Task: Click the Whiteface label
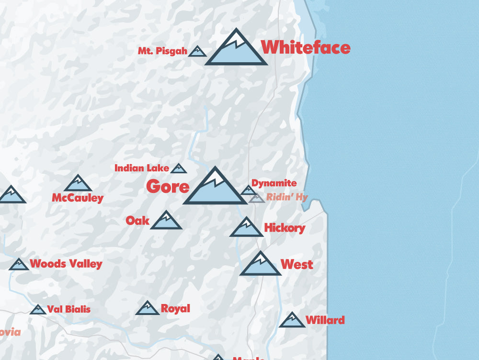(306, 47)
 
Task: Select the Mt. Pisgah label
(162, 51)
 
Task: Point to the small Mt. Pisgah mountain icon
(197, 52)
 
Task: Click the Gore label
(168, 186)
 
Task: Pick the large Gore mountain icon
(215, 188)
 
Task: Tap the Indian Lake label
(142, 168)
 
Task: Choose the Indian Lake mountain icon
(179, 169)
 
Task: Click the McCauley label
(78, 198)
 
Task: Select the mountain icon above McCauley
(78, 184)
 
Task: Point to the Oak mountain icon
(166, 221)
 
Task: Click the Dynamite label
(274, 183)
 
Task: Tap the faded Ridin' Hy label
(287, 197)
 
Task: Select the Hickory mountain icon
(246, 228)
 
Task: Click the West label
(297, 264)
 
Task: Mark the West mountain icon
(260, 265)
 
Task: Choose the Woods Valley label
(66, 264)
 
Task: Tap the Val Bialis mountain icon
(38, 310)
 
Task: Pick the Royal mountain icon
(147, 309)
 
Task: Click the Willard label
(325, 320)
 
